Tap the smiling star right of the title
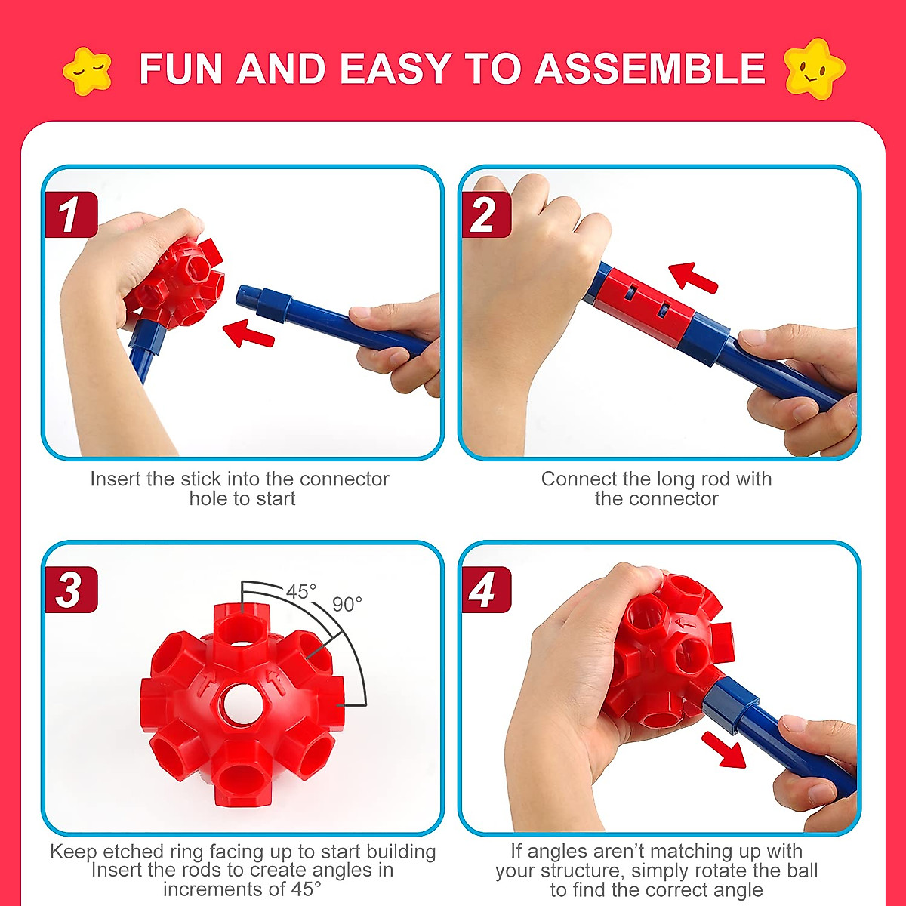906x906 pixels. point(814,69)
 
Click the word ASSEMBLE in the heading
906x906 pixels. point(650,69)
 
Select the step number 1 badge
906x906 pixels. point(70,215)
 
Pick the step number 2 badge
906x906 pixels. point(484,215)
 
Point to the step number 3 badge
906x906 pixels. point(70,590)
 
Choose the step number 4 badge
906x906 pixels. point(484,590)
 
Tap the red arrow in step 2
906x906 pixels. point(692,276)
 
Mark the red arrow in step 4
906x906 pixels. point(723,748)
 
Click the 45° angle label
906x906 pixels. point(300,592)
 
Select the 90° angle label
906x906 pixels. point(347,605)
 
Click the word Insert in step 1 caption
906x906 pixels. point(114,479)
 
